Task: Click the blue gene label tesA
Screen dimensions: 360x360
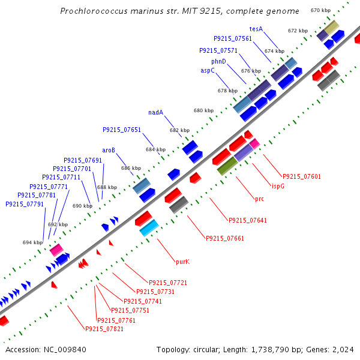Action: click(x=256, y=29)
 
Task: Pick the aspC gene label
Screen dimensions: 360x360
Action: click(x=208, y=70)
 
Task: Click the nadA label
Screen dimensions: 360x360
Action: click(x=156, y=112)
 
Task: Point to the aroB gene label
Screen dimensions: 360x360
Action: click(x=109, y=150)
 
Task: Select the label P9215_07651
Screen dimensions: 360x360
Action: click(x=122, y=130)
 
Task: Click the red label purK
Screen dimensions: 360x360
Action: click(x=182, y=262)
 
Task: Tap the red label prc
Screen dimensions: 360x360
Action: click(x=259, y=199)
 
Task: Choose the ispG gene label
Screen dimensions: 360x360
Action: click(x=278, y=186)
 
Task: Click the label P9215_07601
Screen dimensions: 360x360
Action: click(x=302, y=176)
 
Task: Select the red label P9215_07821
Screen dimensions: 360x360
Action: click(x=104, y=329)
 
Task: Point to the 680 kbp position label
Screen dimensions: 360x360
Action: click(x=203, y=111)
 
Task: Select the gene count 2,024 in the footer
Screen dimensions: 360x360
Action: click(x=344, y=349)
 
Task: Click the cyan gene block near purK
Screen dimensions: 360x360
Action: click(x=149, y=227)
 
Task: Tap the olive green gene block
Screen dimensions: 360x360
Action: click(x=227, y=166)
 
